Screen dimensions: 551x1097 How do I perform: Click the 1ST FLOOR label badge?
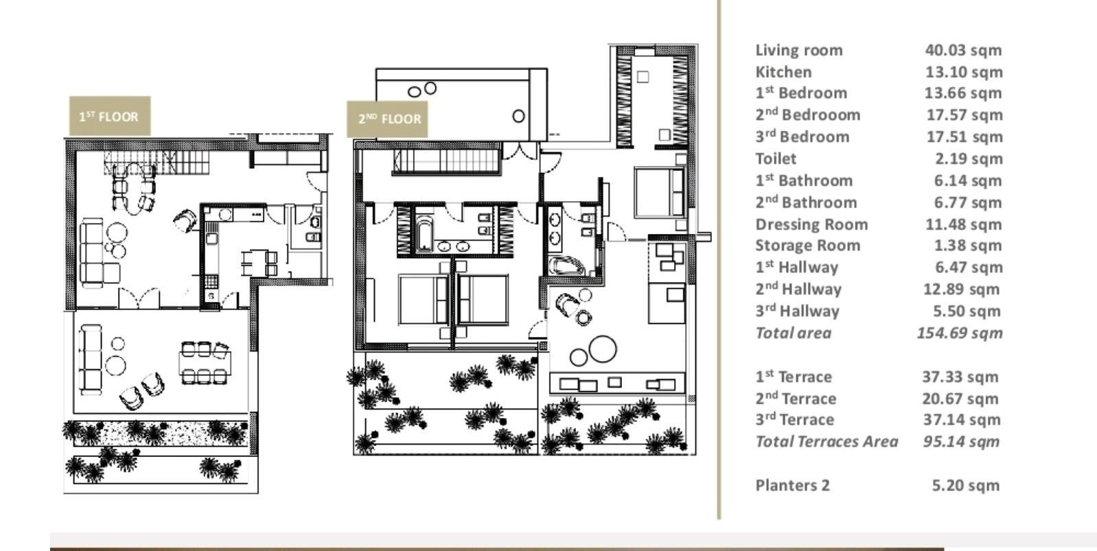pyautogui.click(x=109, y=116)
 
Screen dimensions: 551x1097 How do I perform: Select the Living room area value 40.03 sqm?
pyautogui.click(x=963, y=50)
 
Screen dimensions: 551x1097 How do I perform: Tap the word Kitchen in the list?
pyautogui.click(x=783, y=72)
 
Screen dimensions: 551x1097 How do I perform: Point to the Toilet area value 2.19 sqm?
pyautogui.click(x=968, y=159)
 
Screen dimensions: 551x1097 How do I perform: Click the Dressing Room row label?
pyautogui.click(x=811, y=224)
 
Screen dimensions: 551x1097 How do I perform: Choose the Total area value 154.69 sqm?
pyautogui.click(x=960, y=333)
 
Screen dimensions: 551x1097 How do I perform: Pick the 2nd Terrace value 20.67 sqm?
pyautogui.click(x=960, y=399)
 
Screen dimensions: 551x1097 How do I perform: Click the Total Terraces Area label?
pyautogui.click(x=827, y=442)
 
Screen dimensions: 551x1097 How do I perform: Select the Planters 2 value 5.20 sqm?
pyautogui.click(x=965, y=486)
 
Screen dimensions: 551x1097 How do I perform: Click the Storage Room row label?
pyautogui.click(x=807, y=246)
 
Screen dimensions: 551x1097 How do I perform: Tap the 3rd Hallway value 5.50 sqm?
pyautogui.click(x=967, y=312)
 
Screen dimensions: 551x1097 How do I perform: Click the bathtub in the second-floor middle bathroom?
pyautogui.click(x=424, y=233)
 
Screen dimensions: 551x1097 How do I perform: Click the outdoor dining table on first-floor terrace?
pyautogui.click(x=204, y=362)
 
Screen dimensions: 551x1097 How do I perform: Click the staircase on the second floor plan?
pyautogui.click(x=446, y=162)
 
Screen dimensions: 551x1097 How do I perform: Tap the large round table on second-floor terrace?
pyautogui.click(x=603, y=349)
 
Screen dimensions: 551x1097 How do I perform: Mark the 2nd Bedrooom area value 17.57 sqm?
pyautogui.click(x=964, y=115)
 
